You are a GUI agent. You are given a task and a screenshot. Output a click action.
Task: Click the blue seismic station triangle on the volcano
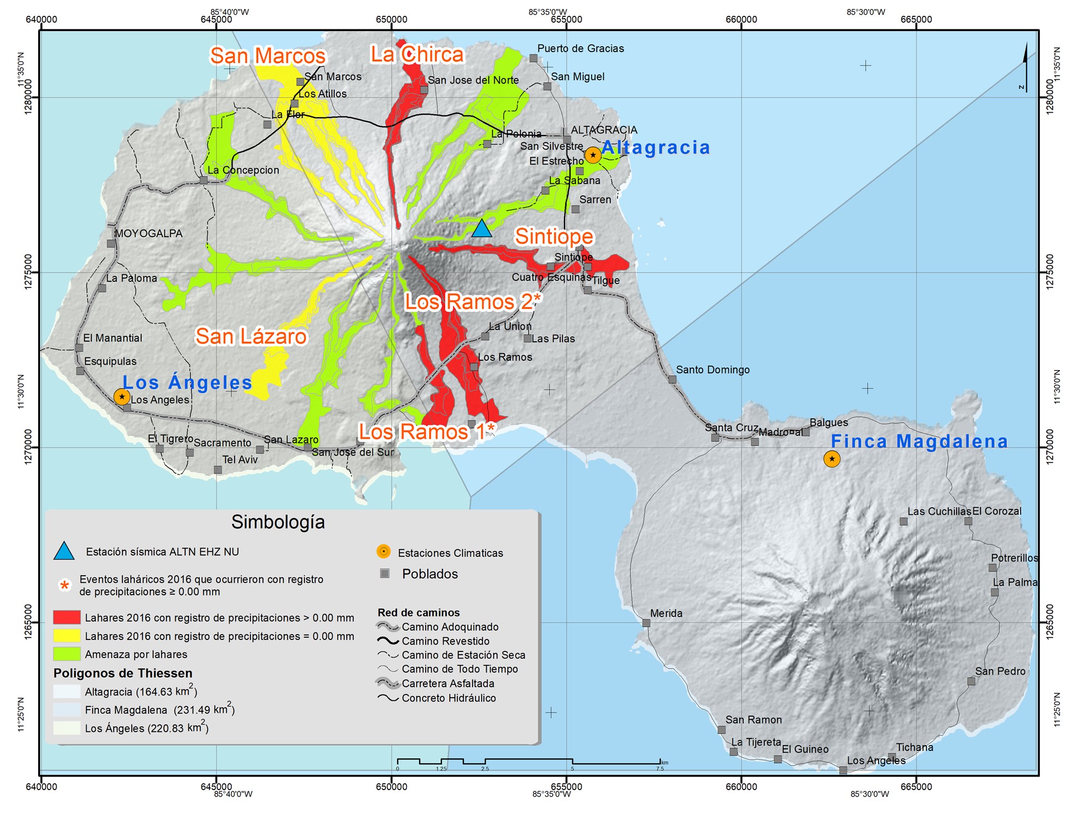tap(481, 229)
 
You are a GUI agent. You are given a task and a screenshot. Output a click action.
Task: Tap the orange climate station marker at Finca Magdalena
tap(831, 459)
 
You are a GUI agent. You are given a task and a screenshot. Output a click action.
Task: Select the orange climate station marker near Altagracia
tap(592, 155)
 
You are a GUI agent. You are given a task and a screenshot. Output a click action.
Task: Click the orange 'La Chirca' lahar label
tap(417, 54)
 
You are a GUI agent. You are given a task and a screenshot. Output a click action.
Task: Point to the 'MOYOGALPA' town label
tap(148, 233)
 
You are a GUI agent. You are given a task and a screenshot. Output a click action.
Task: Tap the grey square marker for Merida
tap(646, 623)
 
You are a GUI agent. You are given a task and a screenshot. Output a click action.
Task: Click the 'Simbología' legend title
tap(278, 522)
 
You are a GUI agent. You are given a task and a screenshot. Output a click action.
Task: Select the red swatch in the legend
tap(67, 617)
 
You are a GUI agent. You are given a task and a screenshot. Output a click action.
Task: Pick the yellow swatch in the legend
tap(67, 636)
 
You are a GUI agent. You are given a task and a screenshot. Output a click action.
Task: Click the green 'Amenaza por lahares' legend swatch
tap(67, 654)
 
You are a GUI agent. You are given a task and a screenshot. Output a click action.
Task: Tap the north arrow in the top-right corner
tap(1025, 68)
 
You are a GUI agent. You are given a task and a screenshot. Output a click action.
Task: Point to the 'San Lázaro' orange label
tap(251, 336)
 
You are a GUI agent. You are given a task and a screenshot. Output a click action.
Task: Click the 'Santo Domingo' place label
tap(713, 370)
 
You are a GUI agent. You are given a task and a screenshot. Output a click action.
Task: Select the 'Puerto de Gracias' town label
tap(580, 48)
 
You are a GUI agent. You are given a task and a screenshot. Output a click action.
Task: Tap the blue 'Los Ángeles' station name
tap(187, 383)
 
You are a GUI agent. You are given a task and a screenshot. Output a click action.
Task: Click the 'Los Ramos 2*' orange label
tap(473, 301)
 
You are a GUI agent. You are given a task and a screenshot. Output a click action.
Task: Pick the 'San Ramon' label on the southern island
tap(753, 719)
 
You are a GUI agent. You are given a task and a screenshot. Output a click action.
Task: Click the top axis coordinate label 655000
tap(566, 20)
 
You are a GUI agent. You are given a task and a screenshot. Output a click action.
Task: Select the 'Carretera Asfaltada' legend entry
tap(447, 684)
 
